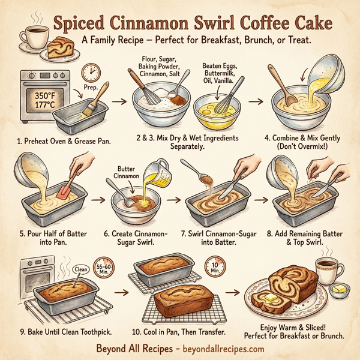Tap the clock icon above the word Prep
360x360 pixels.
point(91,73)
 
